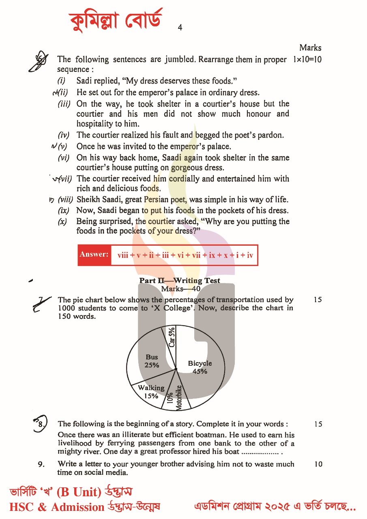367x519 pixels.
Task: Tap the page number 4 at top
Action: (x=180, y=28)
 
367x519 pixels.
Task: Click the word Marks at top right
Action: (x=310, y=48)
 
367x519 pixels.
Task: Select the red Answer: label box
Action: (x=94, y=255)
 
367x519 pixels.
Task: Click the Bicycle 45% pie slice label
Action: (x=200, y=367)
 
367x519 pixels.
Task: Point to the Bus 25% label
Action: (x=152, y=361)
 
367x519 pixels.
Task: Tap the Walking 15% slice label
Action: (x=151, y=392)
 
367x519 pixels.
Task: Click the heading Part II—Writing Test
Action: (x=180, y=281)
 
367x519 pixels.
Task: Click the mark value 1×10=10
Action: (x=307, y=60)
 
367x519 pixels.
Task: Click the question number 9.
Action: (x=41, y=464)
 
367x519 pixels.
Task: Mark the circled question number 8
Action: (x=40, y=423)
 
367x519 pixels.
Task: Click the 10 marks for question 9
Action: (x=318, y=464)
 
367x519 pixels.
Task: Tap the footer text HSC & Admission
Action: (x=57, y=507)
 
